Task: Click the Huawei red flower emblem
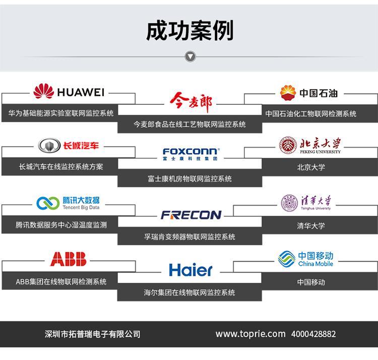44,91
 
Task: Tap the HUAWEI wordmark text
81,92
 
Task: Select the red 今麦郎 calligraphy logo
191,102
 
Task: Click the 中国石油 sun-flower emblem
288,93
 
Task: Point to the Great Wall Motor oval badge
49,145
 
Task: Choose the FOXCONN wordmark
190,151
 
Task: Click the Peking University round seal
288,145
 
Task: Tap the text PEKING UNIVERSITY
320,152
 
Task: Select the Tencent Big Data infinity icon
48,203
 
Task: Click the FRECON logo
191,215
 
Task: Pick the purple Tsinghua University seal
289,203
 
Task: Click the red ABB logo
68,259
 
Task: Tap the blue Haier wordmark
191,270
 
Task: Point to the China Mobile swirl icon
287,259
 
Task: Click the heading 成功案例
190,31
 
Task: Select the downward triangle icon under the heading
190,56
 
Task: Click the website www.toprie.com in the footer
250,334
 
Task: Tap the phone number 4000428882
313,334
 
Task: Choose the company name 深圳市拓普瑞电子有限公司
92,334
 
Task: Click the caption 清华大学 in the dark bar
311,226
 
